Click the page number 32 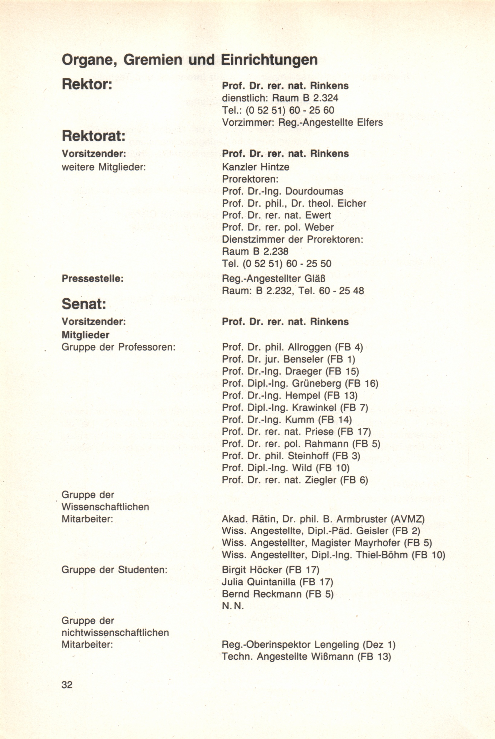click(67, 684)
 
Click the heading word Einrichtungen click(269, 60)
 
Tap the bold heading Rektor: click(87, 85)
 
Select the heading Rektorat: click(94, 136)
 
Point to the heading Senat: click(84, 304)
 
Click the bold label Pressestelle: click(92, 279)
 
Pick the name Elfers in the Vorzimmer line click(370, 122)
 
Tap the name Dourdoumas click(314, 191)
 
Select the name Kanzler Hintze click(255, 166)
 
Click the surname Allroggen click(309, 347)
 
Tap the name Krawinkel click(314, 407)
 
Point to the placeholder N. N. click(233, 606)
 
